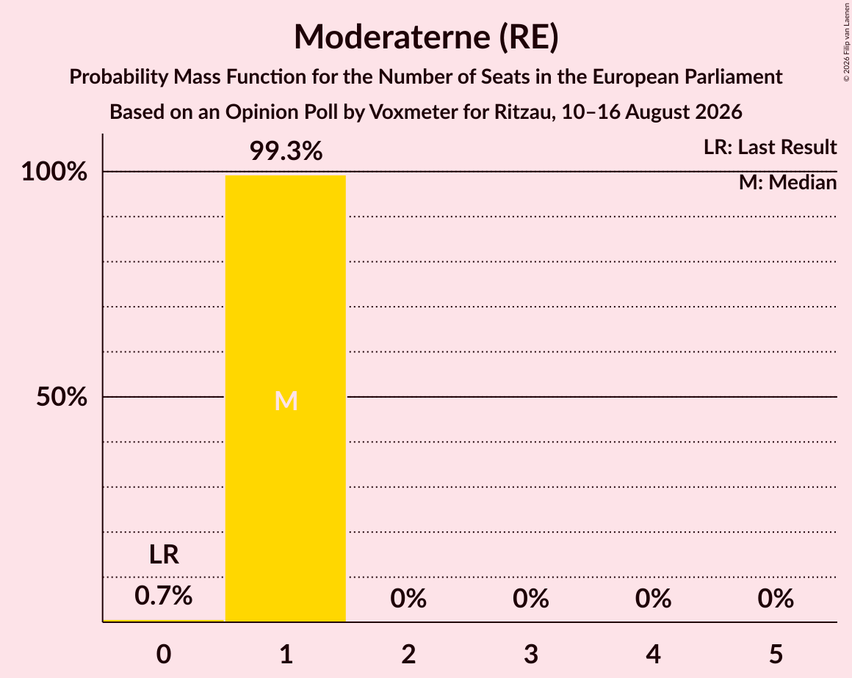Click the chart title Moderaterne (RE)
click(426, 37)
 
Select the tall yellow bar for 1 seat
click(286, 398)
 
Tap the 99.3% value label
click(286, 151)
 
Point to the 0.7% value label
click(164, 596)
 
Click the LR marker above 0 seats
click(164, 555)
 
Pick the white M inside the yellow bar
click(286, 401)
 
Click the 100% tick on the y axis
click(54, 172)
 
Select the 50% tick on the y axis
click(62, 397)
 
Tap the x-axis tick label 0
click(164, 654)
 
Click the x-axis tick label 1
click(286, 654)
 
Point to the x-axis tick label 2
click(408, 654)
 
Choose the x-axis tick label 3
click(531, 654)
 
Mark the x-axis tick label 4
click(653, 654)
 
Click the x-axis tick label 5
click(776, 654)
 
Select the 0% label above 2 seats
click(408, 599)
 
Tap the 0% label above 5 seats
click(776, 599)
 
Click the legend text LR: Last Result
click(770, 147)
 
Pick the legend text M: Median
click(788, 183)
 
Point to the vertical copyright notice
click(847, 42)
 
